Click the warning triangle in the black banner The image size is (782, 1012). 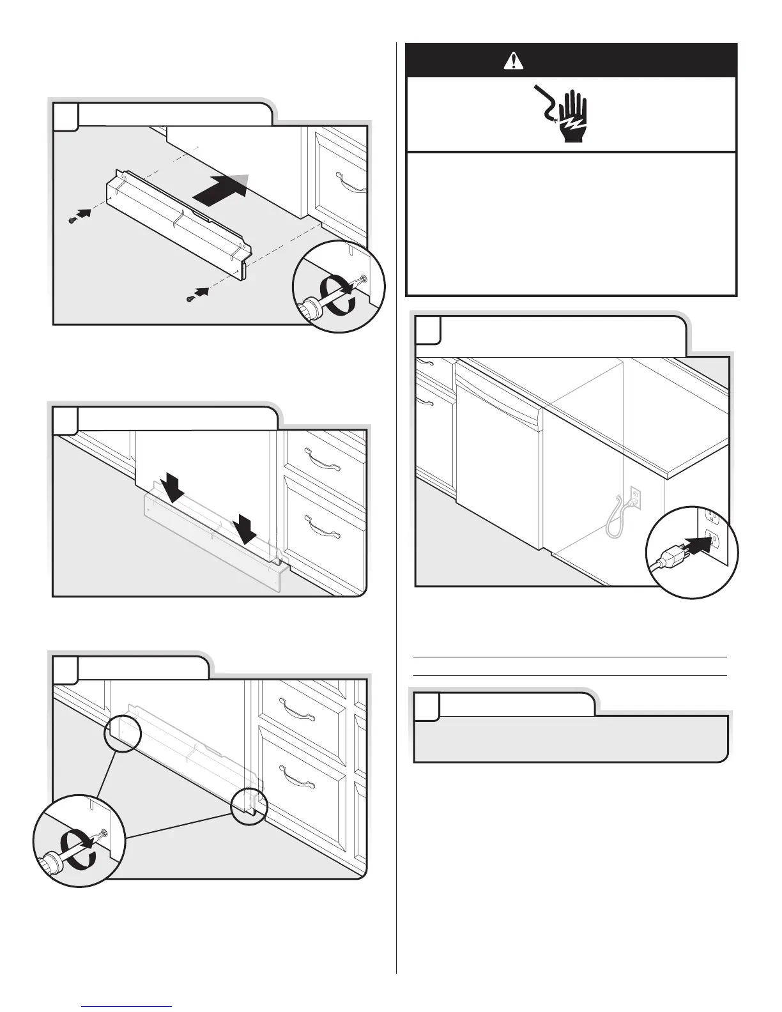[513, 61]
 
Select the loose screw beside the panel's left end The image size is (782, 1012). [72, 219]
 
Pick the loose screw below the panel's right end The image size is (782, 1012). [190, 297]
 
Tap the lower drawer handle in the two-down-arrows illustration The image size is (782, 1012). [325, 526]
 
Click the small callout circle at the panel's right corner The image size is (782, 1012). [249, 806]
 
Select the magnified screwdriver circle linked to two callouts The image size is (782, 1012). [79, 840]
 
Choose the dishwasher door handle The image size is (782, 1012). [498, 401]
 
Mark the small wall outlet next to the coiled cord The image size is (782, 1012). [635, 494]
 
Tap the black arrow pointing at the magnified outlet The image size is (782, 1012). [698, 544]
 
